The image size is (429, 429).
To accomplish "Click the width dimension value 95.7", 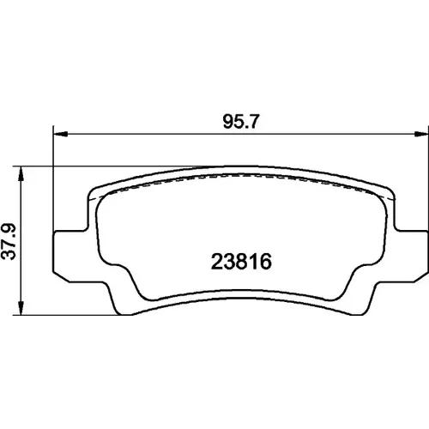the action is (x=241, y=121).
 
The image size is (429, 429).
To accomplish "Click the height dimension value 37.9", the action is (x=9, y=242).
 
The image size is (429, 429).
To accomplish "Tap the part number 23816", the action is (x=241, y=262).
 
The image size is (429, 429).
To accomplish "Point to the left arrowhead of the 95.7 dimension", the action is (x=61, y=134).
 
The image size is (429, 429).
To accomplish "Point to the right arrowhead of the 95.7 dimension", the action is (x=421, y=134).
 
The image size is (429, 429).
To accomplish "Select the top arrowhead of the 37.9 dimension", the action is (x=21, y=173).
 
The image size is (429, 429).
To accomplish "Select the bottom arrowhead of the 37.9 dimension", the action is (x=21, y=308).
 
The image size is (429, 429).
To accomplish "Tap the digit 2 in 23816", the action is (x=217, y=262).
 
